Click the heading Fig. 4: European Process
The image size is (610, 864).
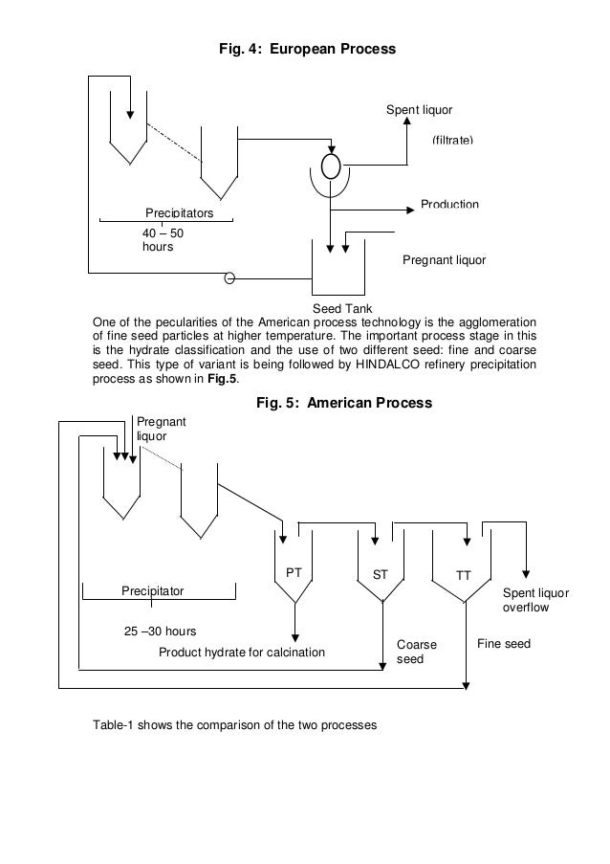point(307,45)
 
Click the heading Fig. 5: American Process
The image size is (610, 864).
point(344,404)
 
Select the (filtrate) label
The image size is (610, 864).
point(452,141)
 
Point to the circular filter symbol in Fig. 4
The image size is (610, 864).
point(331,166)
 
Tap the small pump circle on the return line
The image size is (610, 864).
point(229,279)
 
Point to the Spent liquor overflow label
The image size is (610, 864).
point(534,600)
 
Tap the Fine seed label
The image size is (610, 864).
point(503,645)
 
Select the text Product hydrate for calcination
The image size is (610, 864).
point(242,653)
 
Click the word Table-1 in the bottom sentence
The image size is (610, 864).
point(114,725)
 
